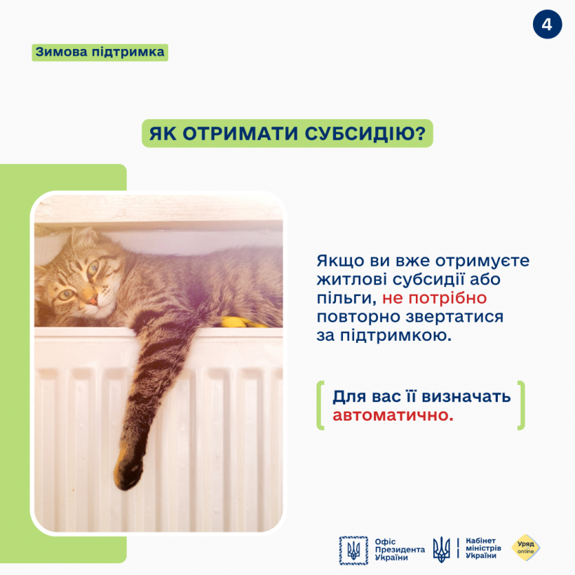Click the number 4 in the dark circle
pos(547,25)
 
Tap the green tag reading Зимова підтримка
pos(100,52)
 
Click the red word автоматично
pos(393,416)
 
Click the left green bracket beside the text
pos(320,405)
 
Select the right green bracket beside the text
pos(520,405)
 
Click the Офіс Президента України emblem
pos(353,550)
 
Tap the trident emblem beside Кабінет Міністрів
pos(442,549)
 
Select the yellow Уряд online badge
pos(526,548)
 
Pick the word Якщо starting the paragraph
pos(339,261)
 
